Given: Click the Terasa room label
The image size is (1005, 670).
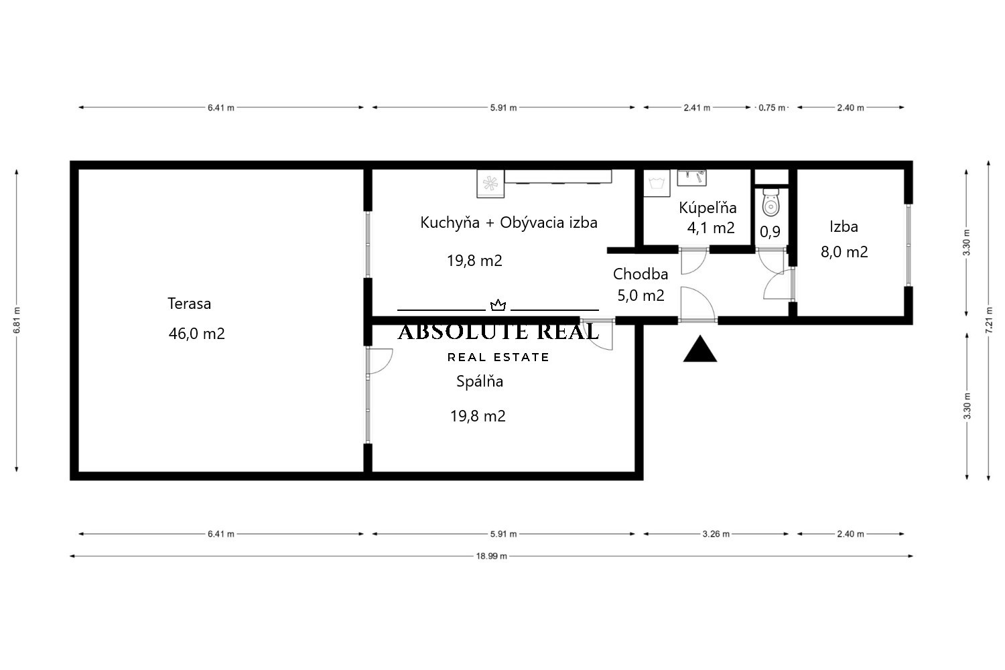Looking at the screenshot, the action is point(190,304).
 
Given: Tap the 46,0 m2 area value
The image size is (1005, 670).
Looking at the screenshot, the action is point(196,334).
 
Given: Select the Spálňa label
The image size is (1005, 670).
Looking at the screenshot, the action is point(480,381).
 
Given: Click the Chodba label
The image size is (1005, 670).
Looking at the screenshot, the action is point(641,274).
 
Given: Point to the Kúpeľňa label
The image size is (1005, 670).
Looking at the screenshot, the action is point(708,207).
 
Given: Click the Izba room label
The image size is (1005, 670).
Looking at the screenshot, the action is point(844,226).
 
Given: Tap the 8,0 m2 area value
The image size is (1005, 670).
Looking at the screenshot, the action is point(844,252).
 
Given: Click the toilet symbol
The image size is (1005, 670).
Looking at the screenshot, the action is point(770,202).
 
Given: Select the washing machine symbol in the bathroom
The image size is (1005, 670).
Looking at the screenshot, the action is point(657,183).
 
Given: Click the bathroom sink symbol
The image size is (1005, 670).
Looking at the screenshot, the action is point(691,178).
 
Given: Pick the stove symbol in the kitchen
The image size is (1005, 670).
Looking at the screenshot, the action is point(490,184).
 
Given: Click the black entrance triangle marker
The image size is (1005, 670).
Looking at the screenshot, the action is point(700,348).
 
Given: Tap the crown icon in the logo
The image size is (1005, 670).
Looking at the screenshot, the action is point(498,306).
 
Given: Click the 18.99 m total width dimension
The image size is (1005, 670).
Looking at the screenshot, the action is point(491,556).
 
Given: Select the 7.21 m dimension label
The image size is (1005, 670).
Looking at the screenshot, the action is point(989,320).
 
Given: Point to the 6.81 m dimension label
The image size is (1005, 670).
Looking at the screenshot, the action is point(17,320).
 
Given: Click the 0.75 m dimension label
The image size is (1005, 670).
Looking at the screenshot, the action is point(772,108).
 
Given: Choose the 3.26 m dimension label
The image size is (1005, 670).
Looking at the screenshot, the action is point(716,534).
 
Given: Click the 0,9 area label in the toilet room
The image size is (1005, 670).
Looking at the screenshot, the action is point(770,232).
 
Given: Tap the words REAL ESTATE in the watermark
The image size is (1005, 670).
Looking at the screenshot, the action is point(498,357).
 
